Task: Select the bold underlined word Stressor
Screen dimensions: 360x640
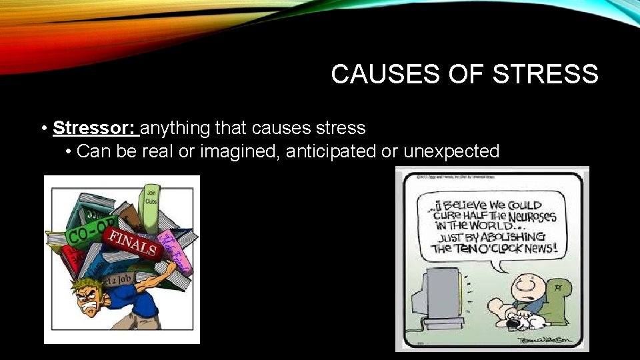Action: (x=93, y=127)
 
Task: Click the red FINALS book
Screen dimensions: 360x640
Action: (x=133, y=244)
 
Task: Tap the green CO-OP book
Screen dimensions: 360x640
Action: (x=83, y=234)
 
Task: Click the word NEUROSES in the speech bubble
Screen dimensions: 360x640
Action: (x=530, y=217)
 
